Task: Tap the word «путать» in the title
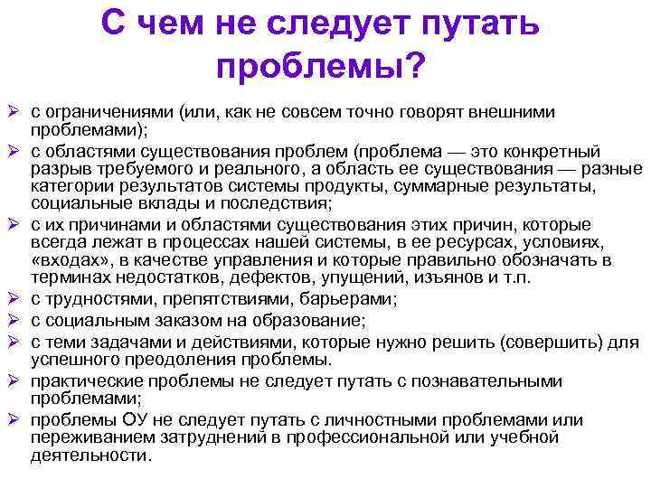coord(472,23)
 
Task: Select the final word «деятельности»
coord(91,455)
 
